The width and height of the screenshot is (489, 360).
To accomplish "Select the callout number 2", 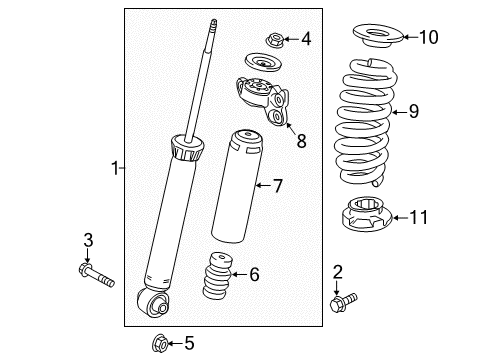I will pyautogui.click(x=338, y=271).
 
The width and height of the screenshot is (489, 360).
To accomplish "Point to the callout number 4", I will pyautogui.click(x=306, y=40).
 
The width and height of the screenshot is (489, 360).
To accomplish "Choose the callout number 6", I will pyautogui.click(x=253, y=273).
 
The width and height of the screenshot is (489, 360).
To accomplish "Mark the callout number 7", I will pyautogui.click(x=279, y=185).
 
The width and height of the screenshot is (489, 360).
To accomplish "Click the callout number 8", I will pyautogui.click(x=300, y=141).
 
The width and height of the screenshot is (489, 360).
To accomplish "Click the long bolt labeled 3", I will pyautogui.click(x=95, y=273).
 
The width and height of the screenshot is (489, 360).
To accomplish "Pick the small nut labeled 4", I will pyautogui.click(x=275, y=40).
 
